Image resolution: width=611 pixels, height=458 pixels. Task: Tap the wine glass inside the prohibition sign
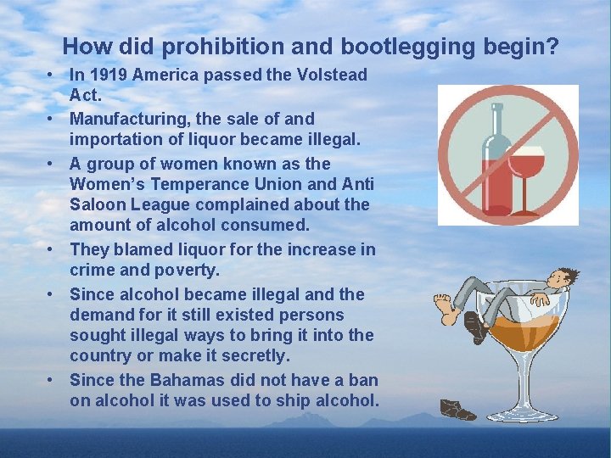(528, 174)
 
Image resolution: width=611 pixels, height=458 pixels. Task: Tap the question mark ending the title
(552, 46)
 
